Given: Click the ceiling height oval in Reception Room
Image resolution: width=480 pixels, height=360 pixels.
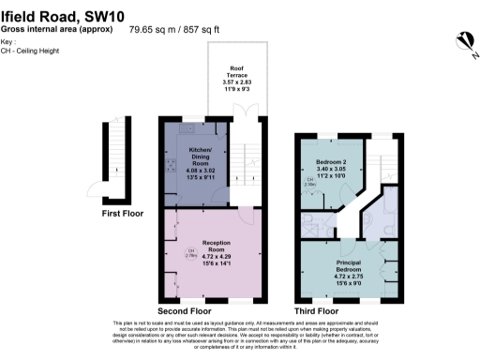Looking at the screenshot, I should click(x=191, y=253).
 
